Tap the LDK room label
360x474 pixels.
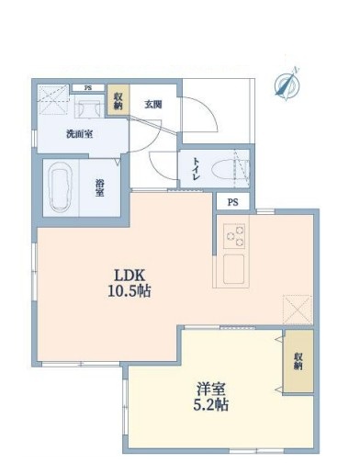(x=130, y=274)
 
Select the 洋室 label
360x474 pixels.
(x=205, y=387)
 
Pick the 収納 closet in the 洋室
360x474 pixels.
(x=298, y=362)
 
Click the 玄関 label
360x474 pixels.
(x=152, y=105)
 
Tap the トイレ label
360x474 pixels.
(x=197, y=170)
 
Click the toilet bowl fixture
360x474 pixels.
(x=227, y=169)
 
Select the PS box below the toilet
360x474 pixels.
(x=232, y=202)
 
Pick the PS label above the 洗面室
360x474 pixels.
(x=88, y=88)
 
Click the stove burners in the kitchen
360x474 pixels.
(x=232, y=237)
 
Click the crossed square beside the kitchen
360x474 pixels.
(x=298, y=309)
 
